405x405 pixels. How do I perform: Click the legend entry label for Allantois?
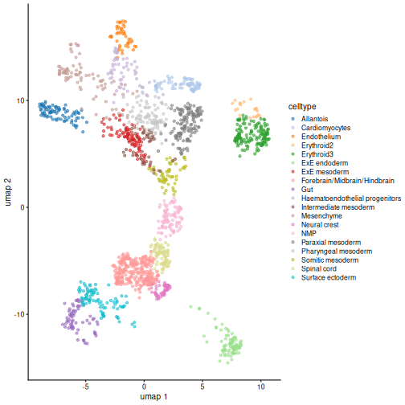pyautogui.click(x=314, y=119)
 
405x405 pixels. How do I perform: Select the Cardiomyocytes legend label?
pyautogui.click(x=325, y=128)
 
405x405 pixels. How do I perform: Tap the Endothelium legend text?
pyautogui.click(x=321, y=137)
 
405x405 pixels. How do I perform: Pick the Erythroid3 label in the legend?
pyautogui.click(x=317, y=154)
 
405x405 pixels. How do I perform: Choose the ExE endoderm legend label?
pyautogui.click(x=325, y=163)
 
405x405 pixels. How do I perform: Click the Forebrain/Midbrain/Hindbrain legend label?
pyautogui.click(x=348, y=181)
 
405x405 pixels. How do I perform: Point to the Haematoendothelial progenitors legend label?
pyautogui.click(x=351, y=198)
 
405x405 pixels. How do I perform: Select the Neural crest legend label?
pyautogui.click(x=320, y=225)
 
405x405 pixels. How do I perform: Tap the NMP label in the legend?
pyautogui.click(x=309, y=234)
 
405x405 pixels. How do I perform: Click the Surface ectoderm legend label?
pyautogui.click(x=329, y=278)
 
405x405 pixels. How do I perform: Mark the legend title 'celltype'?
pyautogui.click(x=302, y=107)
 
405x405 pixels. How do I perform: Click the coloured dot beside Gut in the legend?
pyautogui.click(x=292, y=190)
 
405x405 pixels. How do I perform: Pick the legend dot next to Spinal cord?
pyautogui.click(x=292, y=269)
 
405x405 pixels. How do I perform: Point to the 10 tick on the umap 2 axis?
pyautogui.click(x=20, y=101)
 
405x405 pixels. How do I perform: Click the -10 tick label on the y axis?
pyautogui.click(x=18, y=314)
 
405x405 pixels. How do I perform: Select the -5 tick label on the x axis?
pyautogui.click(x=85, y=387)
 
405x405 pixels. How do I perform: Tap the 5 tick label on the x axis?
pyautogui.click(x=202, y=387)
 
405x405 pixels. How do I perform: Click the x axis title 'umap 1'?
pyautogui.click(x=153, y=397)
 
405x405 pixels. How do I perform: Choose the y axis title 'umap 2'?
pyautogui.click(x=8, y=192)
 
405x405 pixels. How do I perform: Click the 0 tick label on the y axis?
pyautogui.click(x=22, y=207)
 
